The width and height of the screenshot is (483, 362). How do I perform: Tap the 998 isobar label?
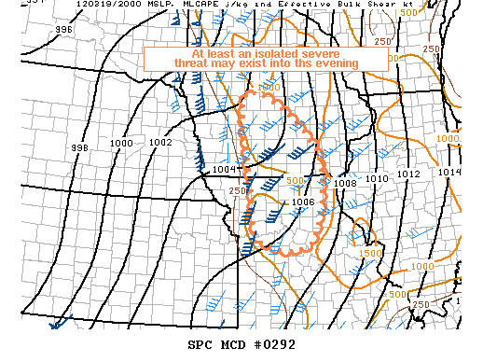(79, 148)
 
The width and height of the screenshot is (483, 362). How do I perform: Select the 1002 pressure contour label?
(160, 143)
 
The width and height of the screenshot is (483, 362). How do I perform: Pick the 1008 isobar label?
(345, 183)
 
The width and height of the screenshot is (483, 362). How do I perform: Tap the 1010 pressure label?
(377, 178)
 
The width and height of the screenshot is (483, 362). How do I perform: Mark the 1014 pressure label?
(449, 172)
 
